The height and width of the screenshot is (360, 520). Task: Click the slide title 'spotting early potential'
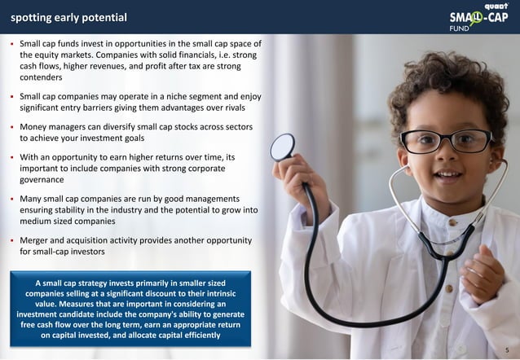pyautogui.click(x=68, y=17)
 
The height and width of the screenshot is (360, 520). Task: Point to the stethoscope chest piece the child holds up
pyautogui.click(x=283, y=147)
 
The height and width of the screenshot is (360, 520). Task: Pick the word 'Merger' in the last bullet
pyautogui.click(x=37, y=240)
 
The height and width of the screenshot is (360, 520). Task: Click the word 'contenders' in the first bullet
pyautogui.click(x=41, y=77)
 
